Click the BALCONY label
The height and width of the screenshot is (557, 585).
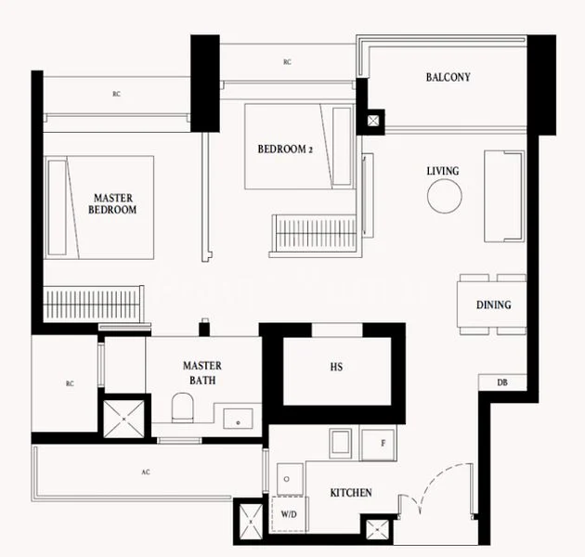(x=448, y=77)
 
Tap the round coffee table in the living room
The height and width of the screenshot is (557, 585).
(x=444, y=196)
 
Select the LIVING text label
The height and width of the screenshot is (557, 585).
(x=442, y=171)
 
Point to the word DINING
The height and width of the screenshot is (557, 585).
(x=493, y=304)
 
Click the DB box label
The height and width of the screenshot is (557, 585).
(x=502, y=382)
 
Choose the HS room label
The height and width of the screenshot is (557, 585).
(x=336, y=368)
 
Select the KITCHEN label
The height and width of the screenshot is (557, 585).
(x=351, y=492)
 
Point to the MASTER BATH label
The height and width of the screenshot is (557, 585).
(x=201, y=373)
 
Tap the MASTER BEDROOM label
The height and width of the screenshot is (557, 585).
(x=112, y=204)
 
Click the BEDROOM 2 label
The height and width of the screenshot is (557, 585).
(x=286, y=149)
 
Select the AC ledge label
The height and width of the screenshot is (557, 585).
(x=145, y=472)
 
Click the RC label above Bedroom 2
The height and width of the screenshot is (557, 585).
(x=287, y=62)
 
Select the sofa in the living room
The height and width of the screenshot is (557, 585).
(x=503, y=195)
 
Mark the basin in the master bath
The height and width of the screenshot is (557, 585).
(x=238, y=418)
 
